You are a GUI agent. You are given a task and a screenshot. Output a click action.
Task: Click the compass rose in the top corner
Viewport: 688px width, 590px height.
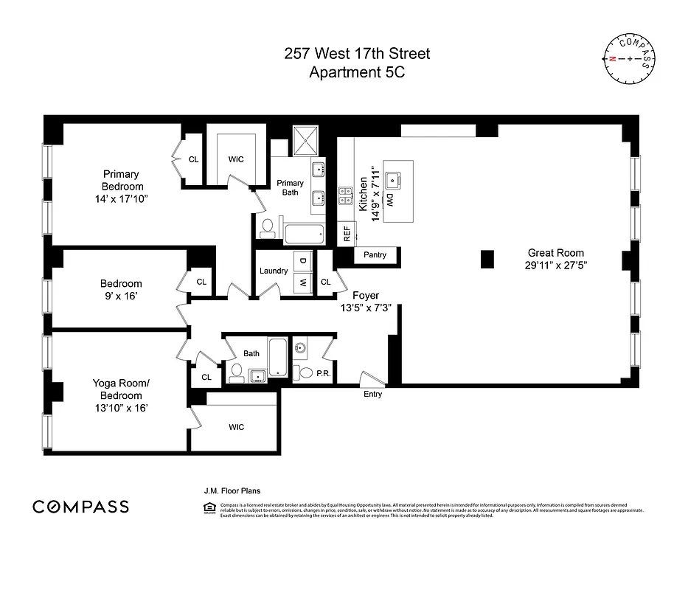click(x=628, y=58)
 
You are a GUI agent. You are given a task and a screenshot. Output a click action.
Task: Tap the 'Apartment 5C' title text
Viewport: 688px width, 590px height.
click(x=357, y=72)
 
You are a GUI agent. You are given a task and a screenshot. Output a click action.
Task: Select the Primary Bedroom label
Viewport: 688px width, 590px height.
click(x=122, y=181)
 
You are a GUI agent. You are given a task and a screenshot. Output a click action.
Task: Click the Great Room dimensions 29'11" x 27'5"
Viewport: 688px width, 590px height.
click(x=557, y=263)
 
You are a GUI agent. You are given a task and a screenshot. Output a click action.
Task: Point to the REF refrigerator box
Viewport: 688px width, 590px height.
click(x=346, y=234)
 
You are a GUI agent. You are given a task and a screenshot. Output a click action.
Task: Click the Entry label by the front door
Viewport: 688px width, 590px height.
click(x=372, y=394)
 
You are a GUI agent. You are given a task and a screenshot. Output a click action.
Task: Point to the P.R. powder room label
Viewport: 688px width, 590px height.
click(x=322, y=374)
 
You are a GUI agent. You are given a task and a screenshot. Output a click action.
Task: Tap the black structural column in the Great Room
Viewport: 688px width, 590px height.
click(x=486, y=259)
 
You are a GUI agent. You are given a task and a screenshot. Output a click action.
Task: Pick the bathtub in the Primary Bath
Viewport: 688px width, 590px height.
click(x=304, y=235)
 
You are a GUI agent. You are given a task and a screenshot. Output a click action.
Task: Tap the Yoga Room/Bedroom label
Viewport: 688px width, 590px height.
click(x=121, y=388)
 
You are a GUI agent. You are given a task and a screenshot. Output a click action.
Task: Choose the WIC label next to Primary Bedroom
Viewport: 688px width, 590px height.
click(x=236, y=159)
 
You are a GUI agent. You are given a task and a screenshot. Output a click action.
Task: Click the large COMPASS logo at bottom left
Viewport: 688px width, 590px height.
click(x=80, y=507)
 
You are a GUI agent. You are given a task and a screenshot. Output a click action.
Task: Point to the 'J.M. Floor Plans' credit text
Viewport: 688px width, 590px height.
click(x=232, y=490)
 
